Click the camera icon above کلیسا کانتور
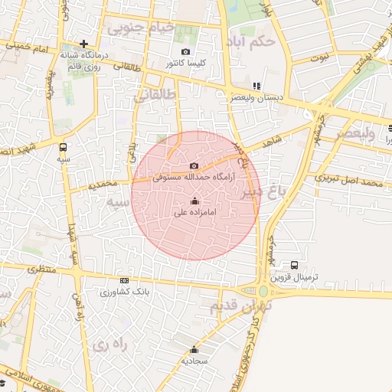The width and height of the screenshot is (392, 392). [x=185, y=52]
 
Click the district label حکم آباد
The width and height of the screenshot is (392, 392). [x=250, y=41]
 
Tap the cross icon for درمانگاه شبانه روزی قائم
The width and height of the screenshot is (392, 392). [x=83, y=44]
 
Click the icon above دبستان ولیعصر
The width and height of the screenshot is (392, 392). [x=256, y=87]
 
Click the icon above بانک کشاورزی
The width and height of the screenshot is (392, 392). [x=124, y=281]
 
